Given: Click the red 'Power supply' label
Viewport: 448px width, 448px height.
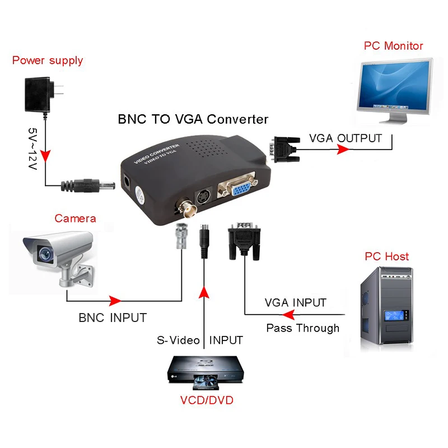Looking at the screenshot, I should tap(48, 60).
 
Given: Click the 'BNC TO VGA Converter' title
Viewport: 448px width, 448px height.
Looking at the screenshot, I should tap(193, 119).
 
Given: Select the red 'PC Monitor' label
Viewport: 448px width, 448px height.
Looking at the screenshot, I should tap(393, 46).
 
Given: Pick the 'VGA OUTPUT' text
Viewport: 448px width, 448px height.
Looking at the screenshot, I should tap(346, 138).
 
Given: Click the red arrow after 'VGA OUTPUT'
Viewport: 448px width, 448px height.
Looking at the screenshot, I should tap(343, 150).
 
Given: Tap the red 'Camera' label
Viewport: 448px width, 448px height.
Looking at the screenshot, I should tap(75, 218).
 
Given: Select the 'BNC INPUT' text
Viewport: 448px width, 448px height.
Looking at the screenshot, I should tap(112, 318).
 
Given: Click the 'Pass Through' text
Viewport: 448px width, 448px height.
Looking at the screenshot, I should tap(302, 328).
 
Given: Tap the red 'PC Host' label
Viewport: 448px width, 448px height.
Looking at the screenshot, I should tap(386, 256).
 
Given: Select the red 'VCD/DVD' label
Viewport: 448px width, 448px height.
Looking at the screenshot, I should tap(206, 400).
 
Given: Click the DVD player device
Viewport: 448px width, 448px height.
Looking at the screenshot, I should tap(206, 374).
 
